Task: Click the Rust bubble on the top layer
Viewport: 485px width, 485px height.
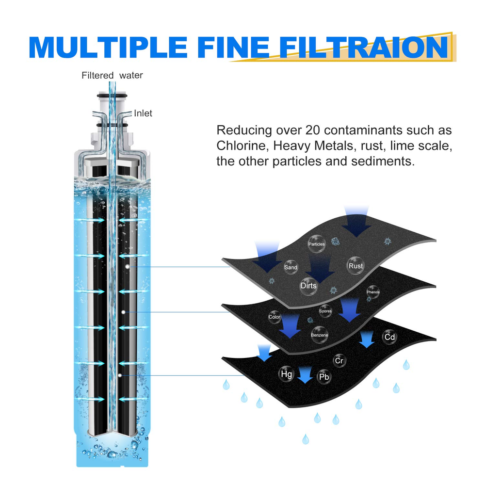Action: pyautogui.click(x=356, y=266)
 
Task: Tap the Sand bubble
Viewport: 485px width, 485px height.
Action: pyautogui.click(x=291, y=267)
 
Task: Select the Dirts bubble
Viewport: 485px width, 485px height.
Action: pyautogui.click(x=308, y=285)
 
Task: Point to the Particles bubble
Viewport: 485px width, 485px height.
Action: pyautogui.click(x=317, y=244)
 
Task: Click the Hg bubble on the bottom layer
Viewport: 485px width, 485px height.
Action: pyautogui.click(x=286, y=374)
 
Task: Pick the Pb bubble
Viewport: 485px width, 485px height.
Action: pyautogui.click(x=323, y=377)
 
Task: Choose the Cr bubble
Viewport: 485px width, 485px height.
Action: pyautogui.click(x=339, y=361)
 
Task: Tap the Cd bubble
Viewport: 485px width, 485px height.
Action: pyautogui.click(x=389, y=337)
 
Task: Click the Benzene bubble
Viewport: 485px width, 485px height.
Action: pyautogui.click(x=320, y=335)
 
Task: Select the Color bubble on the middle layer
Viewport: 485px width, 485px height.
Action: pyautogui.click(x=275, y=317)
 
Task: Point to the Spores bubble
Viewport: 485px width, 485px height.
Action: pyautogui.click(x=325, y=311)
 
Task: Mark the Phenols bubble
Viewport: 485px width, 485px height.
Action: pyautogui.click(x=373, y=292)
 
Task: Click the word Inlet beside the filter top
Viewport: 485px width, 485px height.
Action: pyautogui.click(x=143, y=113)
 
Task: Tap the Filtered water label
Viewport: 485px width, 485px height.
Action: pyautogui.click(x=112, y=75)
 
